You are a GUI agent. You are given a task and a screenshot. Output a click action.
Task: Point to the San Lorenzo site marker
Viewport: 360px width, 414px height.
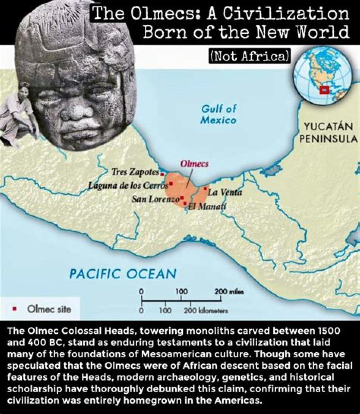pos(182,198)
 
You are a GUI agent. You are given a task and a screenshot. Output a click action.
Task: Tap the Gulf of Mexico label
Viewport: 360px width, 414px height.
pos(218,114)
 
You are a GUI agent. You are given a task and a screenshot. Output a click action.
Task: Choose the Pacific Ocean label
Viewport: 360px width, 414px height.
pos(122,274)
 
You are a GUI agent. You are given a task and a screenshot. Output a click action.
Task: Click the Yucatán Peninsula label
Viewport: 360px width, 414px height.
pos(328,132)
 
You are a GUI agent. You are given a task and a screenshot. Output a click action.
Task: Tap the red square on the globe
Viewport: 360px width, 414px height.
pos(324,90)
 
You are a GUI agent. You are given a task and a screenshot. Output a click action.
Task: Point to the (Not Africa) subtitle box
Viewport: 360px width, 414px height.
pos(249,56)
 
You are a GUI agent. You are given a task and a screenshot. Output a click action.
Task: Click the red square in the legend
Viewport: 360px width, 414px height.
pos(15,309)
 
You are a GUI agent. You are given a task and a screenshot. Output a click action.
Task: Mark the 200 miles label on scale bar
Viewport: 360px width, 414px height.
pos(228,292)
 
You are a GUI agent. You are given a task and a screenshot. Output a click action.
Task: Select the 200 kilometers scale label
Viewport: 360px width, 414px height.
pos(206,311)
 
